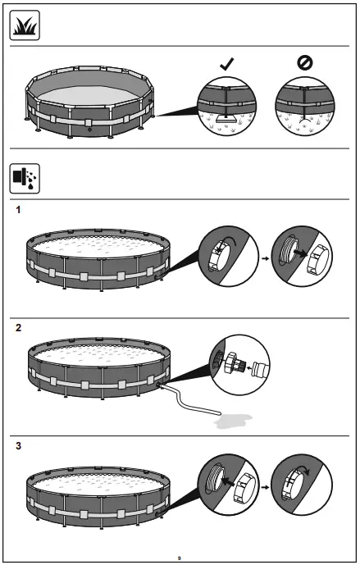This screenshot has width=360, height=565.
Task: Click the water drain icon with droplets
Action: pyautogui.click(x=25, y=176)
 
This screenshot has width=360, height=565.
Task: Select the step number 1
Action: pyautogui.click(x=18, y=211)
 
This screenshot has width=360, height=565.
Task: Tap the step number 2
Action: pyautogui.click(x=18, y=327)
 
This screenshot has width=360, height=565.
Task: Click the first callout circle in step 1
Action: pyautogui.click(x=226, y=257)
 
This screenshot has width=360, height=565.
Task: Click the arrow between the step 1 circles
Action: pyautogui.click(x=264, y=257)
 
